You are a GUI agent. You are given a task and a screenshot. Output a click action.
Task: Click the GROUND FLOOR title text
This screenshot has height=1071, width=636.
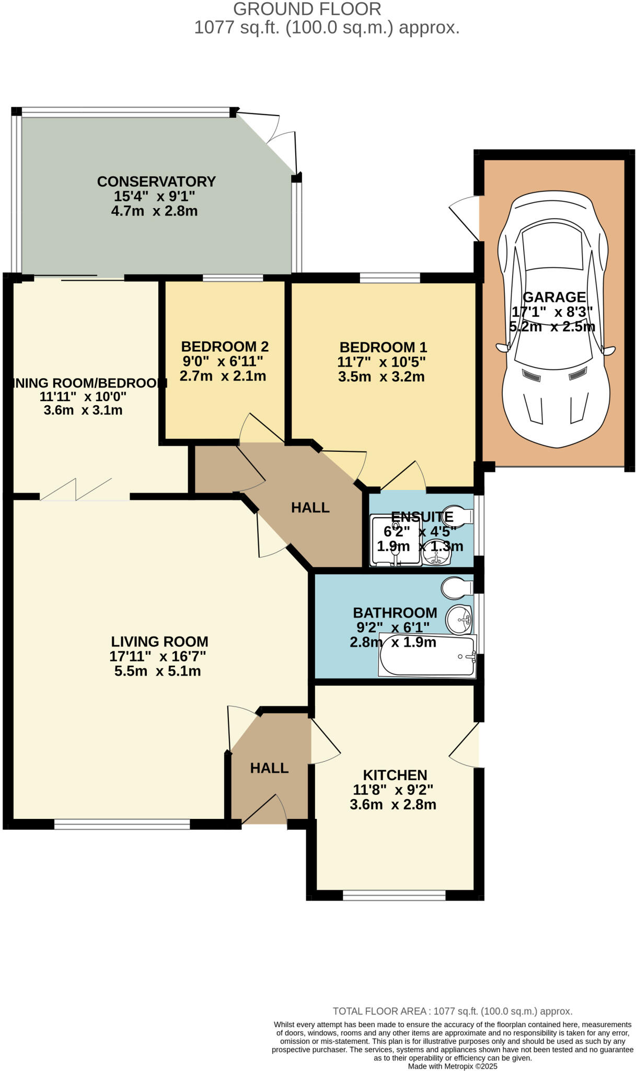307,9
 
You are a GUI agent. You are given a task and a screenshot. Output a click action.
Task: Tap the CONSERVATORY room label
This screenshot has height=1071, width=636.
156,181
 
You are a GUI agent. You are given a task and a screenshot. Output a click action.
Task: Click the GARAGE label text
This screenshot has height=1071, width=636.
554,297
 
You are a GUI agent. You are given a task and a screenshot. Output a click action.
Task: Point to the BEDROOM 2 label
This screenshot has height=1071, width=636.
225,346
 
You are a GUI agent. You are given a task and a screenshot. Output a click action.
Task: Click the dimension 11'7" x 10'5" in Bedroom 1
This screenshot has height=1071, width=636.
381,361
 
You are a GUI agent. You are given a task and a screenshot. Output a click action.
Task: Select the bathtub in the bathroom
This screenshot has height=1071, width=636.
427,656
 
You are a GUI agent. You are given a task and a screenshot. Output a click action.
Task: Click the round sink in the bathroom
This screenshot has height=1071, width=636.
458,620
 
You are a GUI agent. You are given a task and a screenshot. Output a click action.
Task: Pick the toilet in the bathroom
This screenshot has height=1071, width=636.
456,588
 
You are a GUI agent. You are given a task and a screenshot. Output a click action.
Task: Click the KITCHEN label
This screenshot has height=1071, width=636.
395,775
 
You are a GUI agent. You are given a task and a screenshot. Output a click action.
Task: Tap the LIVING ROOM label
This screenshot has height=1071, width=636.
159,642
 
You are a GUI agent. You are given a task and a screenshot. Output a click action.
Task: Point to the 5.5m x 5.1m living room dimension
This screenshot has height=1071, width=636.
157,671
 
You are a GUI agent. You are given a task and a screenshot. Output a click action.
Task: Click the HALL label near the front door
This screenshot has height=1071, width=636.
269,768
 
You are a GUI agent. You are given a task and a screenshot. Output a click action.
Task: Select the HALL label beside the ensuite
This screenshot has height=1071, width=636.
310,507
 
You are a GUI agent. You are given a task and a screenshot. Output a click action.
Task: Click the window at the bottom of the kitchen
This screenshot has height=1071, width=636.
394,896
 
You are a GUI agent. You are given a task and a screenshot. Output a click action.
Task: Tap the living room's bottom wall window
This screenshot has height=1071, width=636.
122,825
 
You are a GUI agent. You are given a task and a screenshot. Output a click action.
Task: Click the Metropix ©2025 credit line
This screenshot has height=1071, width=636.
453,1066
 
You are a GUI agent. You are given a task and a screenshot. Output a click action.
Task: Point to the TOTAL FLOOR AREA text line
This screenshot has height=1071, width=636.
453,1011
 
